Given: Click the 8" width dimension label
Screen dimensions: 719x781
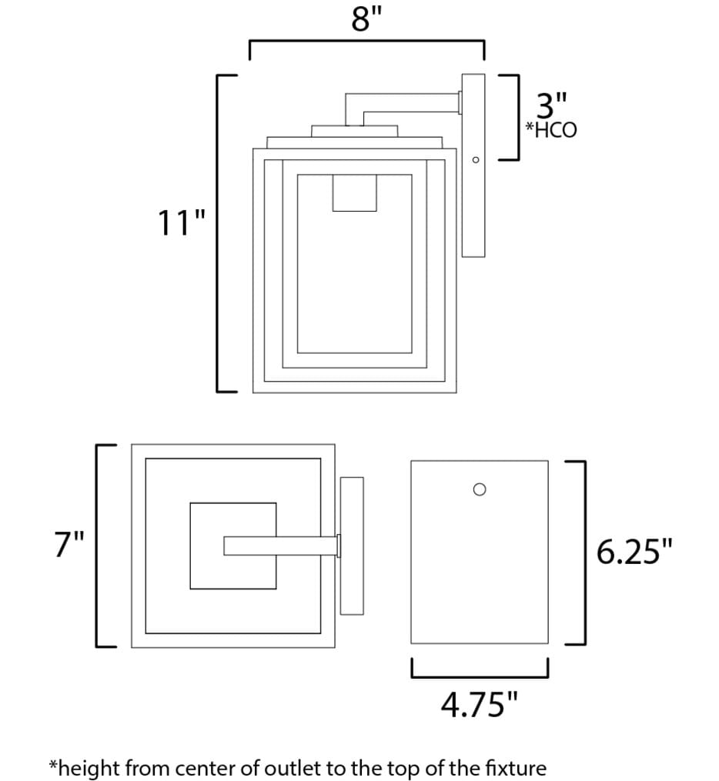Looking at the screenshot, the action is (366, 19).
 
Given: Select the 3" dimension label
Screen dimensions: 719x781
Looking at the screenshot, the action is (551, 105).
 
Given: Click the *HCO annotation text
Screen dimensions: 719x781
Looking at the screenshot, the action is (551, 129).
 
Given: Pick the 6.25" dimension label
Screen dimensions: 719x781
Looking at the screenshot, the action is (634, 552).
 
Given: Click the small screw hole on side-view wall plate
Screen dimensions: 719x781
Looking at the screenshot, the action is (475, 160).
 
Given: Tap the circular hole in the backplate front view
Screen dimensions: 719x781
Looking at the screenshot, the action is (480, 489).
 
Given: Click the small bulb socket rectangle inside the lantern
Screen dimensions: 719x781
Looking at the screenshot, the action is (354, 193).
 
